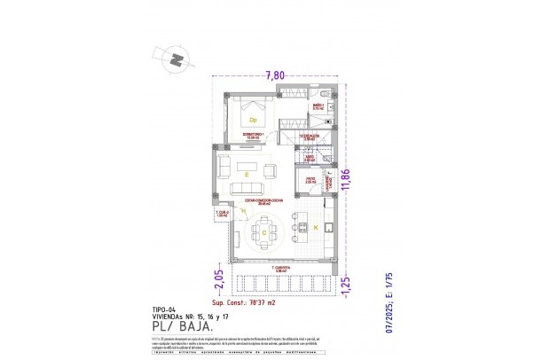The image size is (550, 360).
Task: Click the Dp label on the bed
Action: [x=253, y=120]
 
